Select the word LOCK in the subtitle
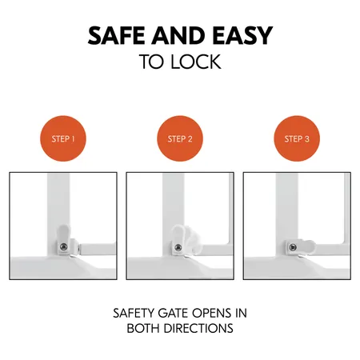(195, 63)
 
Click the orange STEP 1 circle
(62, 138)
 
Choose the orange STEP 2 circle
(180, 138)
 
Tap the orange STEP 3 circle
(297, 138)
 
